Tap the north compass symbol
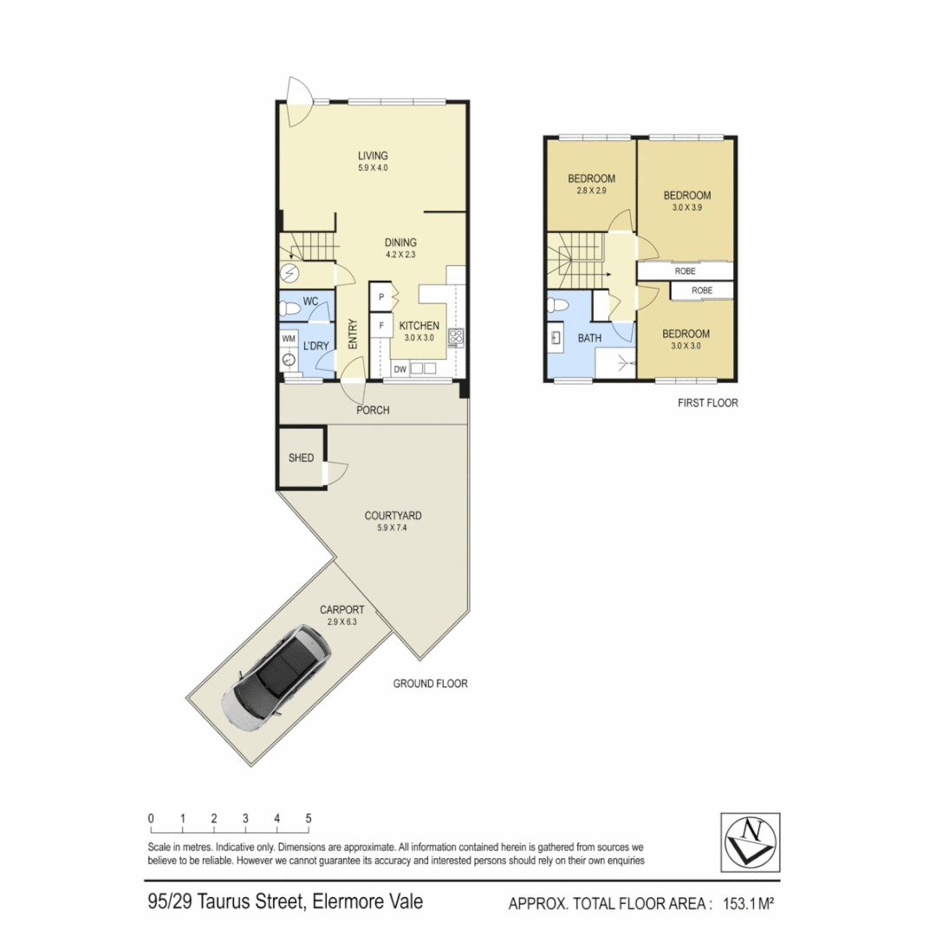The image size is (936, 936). point(750,841)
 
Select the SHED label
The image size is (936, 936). point(302,458)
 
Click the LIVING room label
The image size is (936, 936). point(373,156)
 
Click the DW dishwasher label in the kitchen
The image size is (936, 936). point(400,369)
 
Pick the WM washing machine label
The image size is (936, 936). point(289,338)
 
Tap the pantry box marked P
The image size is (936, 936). point(380,296)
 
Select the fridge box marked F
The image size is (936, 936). point(380,327)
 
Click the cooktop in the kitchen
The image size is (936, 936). point(456,338)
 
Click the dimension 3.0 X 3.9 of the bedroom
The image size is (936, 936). point(686,209)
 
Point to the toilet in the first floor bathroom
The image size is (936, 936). point(560,306)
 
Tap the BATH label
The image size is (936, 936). point(590,338)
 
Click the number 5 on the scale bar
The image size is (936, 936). point(309,818)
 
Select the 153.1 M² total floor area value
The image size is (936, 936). point(742,904)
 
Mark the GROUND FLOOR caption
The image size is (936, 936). point(430,684)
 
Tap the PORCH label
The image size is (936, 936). point(373,410)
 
